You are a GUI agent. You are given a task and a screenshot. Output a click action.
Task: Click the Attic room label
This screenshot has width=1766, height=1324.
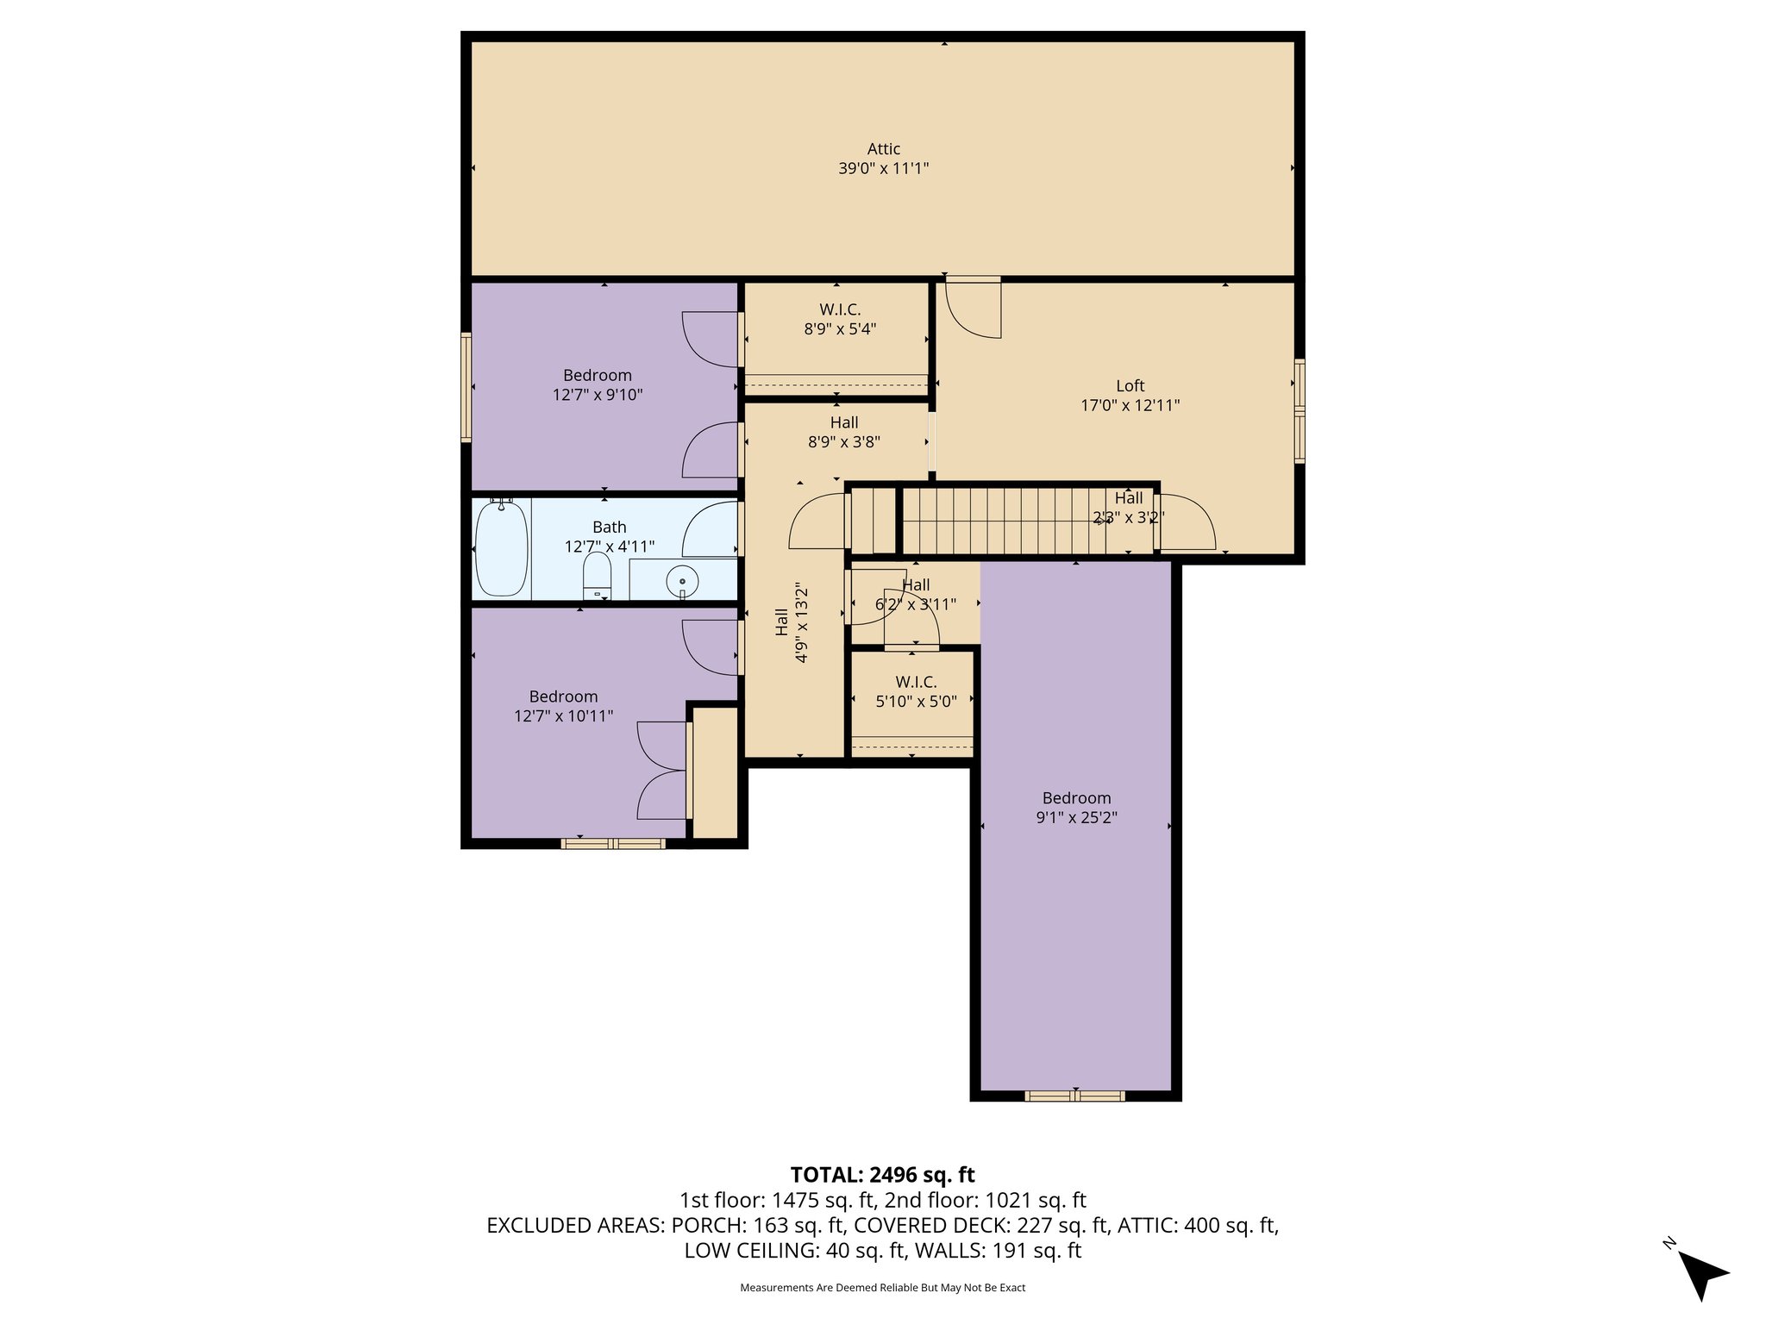(x=883, y=149)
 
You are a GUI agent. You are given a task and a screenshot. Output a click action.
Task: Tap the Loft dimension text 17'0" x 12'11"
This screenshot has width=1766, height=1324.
(x=1130, y=405)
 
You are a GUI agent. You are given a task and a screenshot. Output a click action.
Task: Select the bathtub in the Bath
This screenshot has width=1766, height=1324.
(x=501, y=548)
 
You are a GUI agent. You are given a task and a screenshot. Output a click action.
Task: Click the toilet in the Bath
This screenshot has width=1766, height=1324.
(x=597, y=575)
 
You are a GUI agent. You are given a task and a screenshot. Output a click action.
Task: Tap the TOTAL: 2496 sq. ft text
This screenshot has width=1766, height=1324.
(x=882, y=1175)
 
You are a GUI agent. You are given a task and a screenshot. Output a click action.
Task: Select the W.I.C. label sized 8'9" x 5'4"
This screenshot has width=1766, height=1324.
(x=839, y=319)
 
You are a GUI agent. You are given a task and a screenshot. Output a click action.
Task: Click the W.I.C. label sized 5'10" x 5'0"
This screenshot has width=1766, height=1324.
(x=916, y=691)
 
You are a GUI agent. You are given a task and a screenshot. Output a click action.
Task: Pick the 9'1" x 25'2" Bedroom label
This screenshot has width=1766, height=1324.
(x=1076, y=808)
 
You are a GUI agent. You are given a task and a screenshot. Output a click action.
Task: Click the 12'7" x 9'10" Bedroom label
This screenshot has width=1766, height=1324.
(x=597, y=384)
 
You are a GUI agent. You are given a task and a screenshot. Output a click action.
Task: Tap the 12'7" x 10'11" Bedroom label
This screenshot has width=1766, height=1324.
(x=563, y=706)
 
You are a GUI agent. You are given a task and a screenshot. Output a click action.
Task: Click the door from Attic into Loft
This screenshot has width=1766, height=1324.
(x=974, y=306)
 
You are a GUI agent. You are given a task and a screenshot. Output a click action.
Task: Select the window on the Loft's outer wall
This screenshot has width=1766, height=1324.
(x=1299, y=411)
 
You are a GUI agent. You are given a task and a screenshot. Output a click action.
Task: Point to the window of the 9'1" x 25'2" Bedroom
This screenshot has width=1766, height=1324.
(x=1074, y=1096)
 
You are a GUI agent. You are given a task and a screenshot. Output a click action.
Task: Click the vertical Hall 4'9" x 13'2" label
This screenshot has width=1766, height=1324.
(x=791, y=622)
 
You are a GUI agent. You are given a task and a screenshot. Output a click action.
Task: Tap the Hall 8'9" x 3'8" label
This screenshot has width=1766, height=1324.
(x=843, y=432)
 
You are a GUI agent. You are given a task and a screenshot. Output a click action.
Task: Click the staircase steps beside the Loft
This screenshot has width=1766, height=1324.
(x=1000, y=521)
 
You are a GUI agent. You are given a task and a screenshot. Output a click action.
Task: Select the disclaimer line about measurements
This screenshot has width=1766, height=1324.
(x=882, y=1288)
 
